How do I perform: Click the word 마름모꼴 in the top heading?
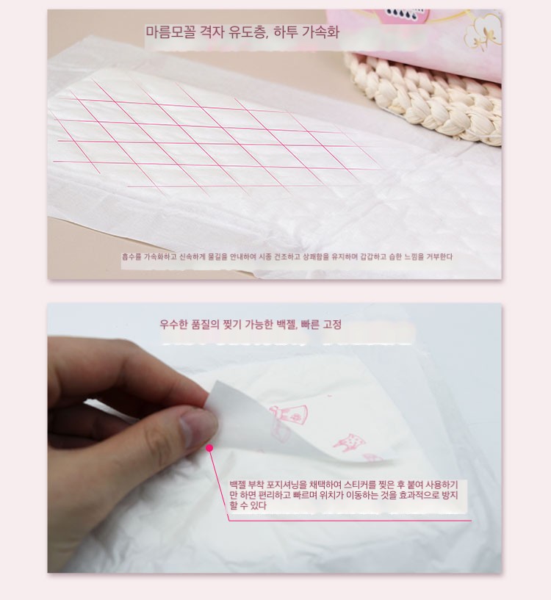170,32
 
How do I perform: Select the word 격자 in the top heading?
212,32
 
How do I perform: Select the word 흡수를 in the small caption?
132,257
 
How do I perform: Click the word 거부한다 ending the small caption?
439,257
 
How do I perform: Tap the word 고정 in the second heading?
332,325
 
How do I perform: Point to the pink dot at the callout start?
209,448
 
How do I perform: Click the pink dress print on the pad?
293,415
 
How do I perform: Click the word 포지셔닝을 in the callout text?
287,485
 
